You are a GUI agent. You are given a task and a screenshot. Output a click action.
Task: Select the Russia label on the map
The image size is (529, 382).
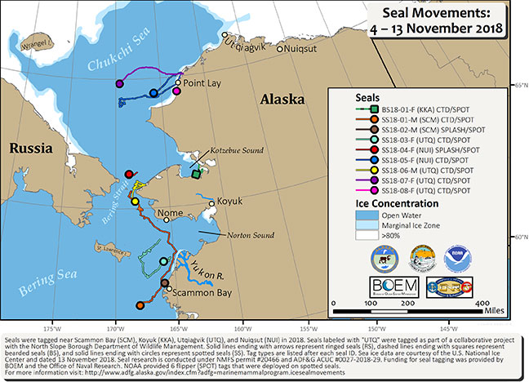click(27, 148)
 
